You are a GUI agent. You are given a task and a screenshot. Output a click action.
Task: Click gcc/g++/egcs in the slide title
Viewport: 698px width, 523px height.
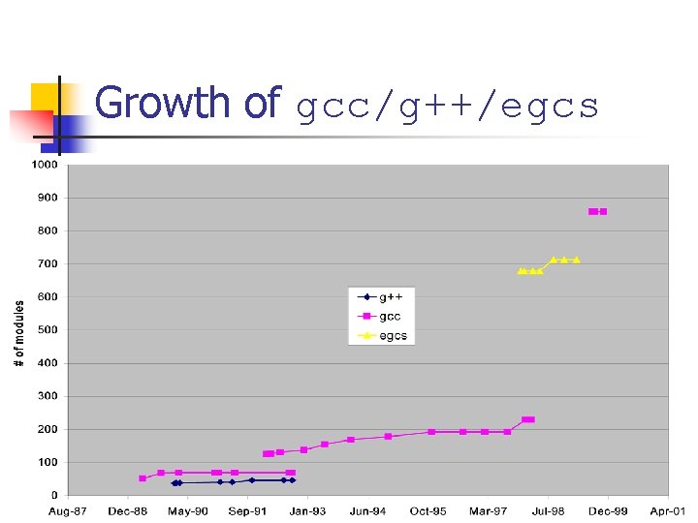click(447, 108)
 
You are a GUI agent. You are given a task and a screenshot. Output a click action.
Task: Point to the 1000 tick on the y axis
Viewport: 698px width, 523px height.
click(46, 165)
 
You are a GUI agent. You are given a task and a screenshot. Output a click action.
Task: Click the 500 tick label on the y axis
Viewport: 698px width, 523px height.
click(48, 330)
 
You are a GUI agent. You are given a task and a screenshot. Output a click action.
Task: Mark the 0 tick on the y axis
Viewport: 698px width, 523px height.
click(54, 495)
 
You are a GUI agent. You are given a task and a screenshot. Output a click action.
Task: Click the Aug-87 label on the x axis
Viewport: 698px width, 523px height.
click(68, 511)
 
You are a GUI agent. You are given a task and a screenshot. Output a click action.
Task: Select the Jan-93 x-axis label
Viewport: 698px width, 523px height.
click(307, 511)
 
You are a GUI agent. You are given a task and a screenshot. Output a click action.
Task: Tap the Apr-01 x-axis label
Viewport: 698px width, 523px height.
click(667, 511)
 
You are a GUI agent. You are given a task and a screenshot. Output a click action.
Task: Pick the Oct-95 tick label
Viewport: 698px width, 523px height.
click(428, 511)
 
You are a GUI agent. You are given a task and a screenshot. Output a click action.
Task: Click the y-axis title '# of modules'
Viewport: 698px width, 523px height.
click(19, 331)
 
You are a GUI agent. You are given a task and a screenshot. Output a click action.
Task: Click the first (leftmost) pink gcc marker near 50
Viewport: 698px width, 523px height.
click(143, 478)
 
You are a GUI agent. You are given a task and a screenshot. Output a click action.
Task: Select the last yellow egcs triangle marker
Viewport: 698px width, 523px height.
click(576, 260)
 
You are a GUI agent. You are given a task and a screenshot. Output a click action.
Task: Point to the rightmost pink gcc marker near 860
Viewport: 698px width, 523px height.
click(603, 211)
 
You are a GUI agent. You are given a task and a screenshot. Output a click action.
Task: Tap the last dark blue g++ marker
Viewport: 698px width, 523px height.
click(292, 479)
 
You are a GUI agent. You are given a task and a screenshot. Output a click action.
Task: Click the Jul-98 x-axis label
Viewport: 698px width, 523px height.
click(548, 511)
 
